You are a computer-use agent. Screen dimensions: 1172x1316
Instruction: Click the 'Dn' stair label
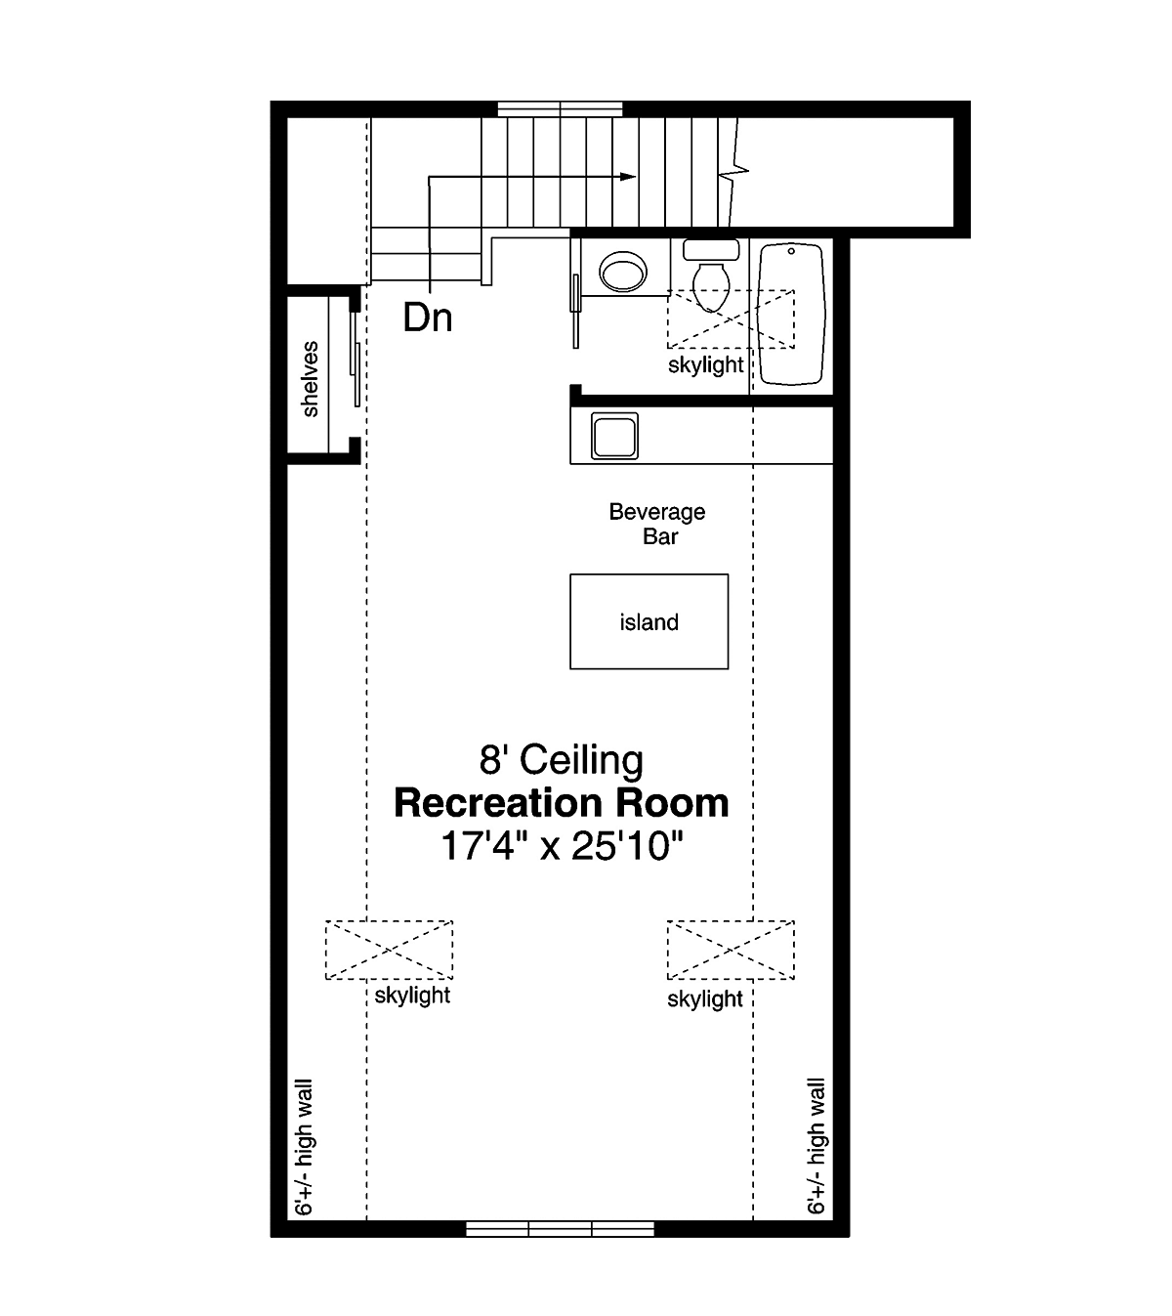pos(427,318)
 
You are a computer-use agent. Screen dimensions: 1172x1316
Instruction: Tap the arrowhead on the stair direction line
pos(627,176)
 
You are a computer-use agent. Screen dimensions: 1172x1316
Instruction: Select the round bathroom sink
pos(623,272)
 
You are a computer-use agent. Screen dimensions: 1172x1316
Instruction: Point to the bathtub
pos(791,315)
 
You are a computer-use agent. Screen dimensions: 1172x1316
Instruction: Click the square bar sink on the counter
pos(614,436)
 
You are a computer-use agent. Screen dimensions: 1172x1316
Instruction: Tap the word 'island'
pos(649,622)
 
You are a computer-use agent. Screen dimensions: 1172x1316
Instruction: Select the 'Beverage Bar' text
pos(657,524)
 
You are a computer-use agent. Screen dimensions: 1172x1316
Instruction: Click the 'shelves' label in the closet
pos(311,379)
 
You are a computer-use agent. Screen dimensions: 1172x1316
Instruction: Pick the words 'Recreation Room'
pos(561,803)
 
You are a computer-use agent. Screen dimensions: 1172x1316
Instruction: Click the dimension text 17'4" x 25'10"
pos(562,846)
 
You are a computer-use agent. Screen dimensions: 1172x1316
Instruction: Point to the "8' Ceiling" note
pos(561,760)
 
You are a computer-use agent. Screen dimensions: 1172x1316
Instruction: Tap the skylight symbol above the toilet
pos(731,318)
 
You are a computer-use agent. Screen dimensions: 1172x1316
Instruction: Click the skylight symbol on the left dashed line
pos(389,950)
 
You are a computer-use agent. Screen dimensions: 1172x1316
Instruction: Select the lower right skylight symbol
pos(731,950)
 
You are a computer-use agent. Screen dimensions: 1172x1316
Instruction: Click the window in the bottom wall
pos(560,1228)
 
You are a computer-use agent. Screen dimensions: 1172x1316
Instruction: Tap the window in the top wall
pos(560,108)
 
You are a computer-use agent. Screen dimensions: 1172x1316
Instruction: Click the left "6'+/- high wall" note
pos(304,1147)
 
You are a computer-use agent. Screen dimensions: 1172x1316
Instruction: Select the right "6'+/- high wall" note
pos(816,1147)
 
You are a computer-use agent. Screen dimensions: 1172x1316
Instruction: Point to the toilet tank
pos(711,249)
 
